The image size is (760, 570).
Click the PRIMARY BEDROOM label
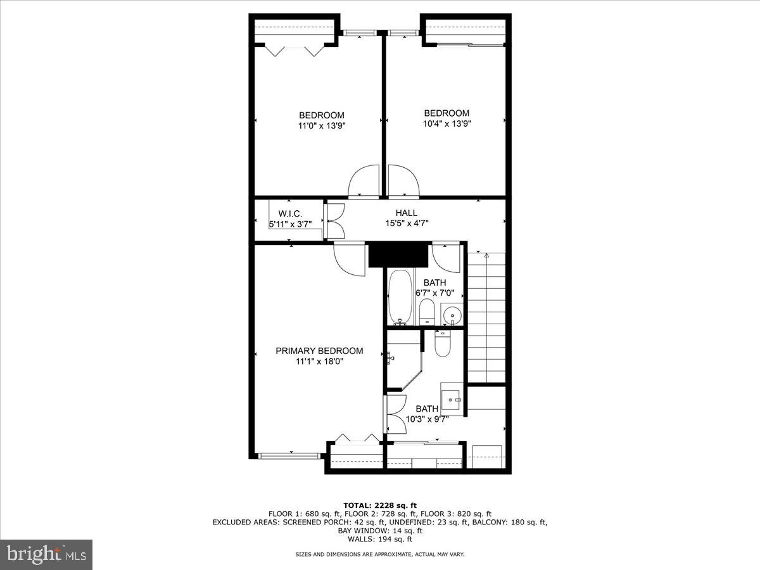pos(319,351)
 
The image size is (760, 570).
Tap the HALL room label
pos(406,213)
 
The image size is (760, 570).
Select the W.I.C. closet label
pos(290,213)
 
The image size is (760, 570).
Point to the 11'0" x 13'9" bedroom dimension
pos(322,125)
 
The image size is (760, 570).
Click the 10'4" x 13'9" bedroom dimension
pos(446,123)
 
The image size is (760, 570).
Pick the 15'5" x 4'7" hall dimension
pos(406,223)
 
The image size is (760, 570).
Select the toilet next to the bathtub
pos(427,312)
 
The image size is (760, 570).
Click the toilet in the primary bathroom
pos(442,343)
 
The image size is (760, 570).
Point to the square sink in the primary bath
pos(453,398)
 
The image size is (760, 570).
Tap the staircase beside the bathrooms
pos(486,317)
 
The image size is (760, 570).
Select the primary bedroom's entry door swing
pos(349,258)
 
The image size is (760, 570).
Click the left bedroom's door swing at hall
pos(365,182)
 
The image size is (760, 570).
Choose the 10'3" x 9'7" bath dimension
pos(427,419)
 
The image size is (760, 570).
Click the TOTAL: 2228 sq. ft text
pos(380,505)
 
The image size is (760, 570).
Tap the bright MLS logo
pos(46,555)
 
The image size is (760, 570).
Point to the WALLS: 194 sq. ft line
pos(380,540)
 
